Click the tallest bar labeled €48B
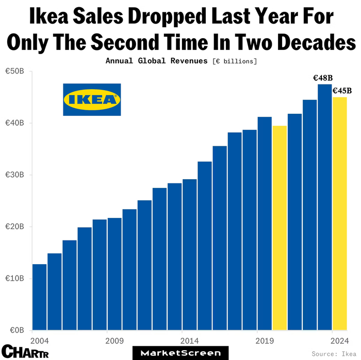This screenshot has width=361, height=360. (x=325, y=207)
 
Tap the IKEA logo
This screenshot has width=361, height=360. (x=92, y=99)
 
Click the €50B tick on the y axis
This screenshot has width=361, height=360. (x=14, y=72)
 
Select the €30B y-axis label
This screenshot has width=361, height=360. (x=14, y=175)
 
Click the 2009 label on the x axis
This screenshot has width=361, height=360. (x=114, y=341)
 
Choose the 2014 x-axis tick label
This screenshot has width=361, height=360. (x=189, y=341)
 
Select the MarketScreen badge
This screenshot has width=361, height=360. (x=180, y=353)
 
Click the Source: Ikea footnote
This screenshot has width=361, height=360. (x=333, y=354)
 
